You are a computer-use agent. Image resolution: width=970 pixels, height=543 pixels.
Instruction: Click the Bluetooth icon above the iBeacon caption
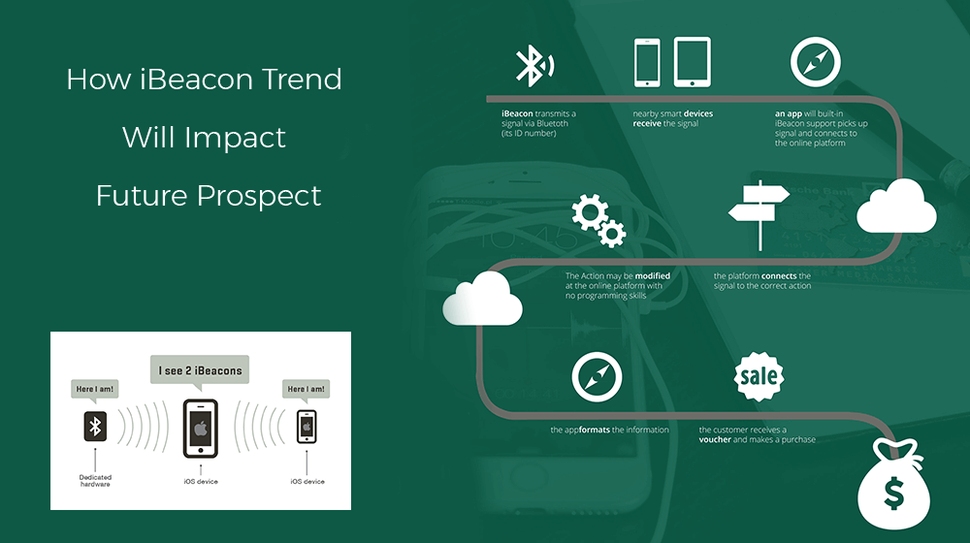[x=534, y=66]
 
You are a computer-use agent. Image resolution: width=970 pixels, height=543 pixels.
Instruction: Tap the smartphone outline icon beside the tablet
[x=647, y=62]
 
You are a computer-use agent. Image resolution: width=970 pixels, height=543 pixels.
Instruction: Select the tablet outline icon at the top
[x=693, y=62]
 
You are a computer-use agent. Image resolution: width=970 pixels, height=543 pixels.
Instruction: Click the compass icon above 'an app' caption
[x=816, y=62]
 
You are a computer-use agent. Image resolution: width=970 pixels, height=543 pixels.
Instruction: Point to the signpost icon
[x=760, y=214]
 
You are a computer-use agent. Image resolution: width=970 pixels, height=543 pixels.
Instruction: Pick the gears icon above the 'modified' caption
[x=598, y=221]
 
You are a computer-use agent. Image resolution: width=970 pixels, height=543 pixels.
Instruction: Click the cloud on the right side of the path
[x=896, y=207]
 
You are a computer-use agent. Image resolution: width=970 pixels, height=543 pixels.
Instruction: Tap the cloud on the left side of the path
[x=482, y=299]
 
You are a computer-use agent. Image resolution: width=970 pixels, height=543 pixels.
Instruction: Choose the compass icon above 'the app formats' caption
[x=597, y=377]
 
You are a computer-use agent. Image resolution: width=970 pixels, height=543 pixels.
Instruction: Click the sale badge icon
[x=760, y=376]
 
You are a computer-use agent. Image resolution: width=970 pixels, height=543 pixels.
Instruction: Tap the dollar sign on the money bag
[x=894, y=495]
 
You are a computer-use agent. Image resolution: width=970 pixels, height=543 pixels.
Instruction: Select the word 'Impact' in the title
[x=235, y=139]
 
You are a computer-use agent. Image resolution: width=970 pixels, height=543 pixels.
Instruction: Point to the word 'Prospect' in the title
[x=259, y=197]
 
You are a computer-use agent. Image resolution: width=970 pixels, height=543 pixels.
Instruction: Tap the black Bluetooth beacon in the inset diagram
[x=95, y=426]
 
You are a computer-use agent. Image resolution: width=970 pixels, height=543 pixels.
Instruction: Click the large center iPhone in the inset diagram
[x=201, y=429]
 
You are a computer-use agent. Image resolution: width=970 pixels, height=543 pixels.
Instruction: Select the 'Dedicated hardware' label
[x=95, y=481]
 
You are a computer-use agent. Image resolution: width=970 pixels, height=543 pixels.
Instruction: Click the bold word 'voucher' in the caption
[x=715, y=439]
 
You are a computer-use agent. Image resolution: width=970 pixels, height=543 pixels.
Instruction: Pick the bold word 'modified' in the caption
[x=653, y=275]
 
